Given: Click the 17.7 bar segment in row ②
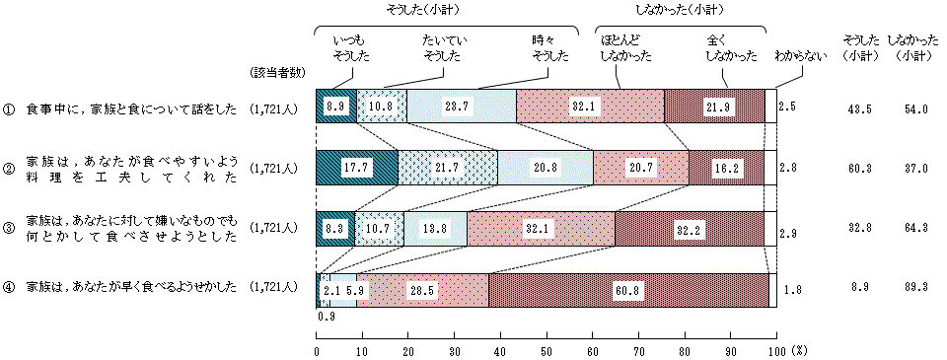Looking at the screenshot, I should click(356, 167).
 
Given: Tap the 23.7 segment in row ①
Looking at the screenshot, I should click(461, 107).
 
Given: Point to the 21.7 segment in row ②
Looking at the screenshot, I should click(447, 167).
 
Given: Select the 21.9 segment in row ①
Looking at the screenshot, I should click(714, 107).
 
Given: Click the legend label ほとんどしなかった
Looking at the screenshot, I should click(624, 47).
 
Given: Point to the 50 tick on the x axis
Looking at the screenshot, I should click(546, 350).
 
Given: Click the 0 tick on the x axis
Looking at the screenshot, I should click(317, 350).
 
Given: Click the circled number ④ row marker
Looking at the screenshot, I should click(8, 288).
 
